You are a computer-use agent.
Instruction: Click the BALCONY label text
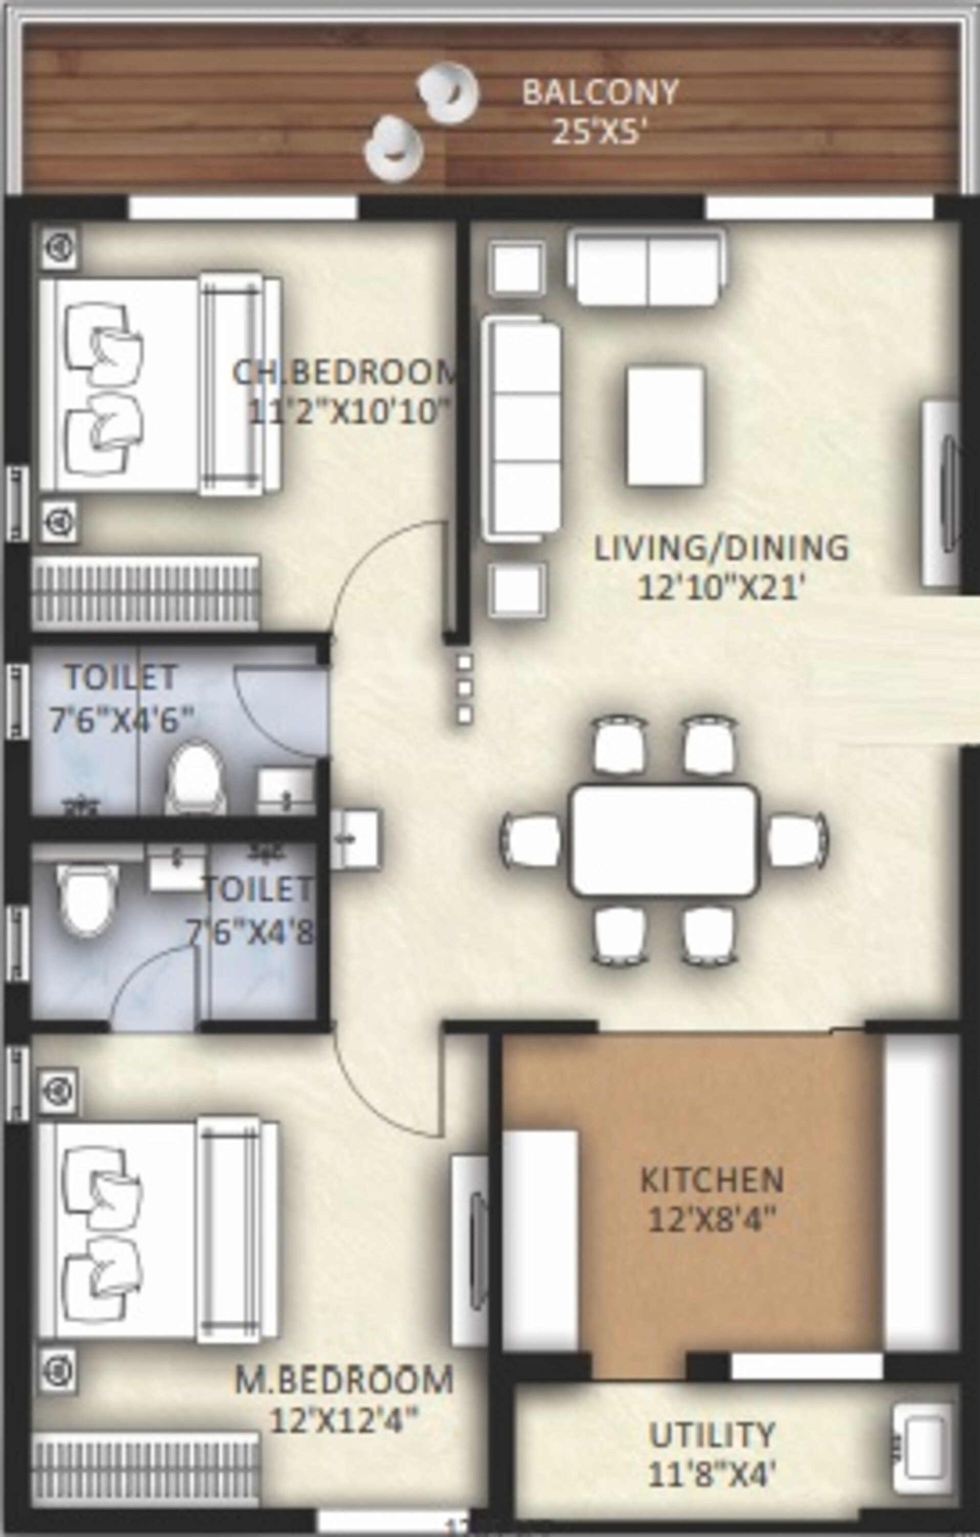click(x=600, y=93)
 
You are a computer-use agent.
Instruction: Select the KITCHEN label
click(x=711, y=1180)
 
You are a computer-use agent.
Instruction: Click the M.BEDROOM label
click(x=345, y=1380)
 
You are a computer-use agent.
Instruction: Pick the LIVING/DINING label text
click(x=721, y=548)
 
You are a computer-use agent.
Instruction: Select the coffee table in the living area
click(x=666, y=426)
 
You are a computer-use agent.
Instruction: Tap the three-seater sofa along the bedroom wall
click(x=521, y=429)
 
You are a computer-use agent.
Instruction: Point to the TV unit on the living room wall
click(x=941, y=493)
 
